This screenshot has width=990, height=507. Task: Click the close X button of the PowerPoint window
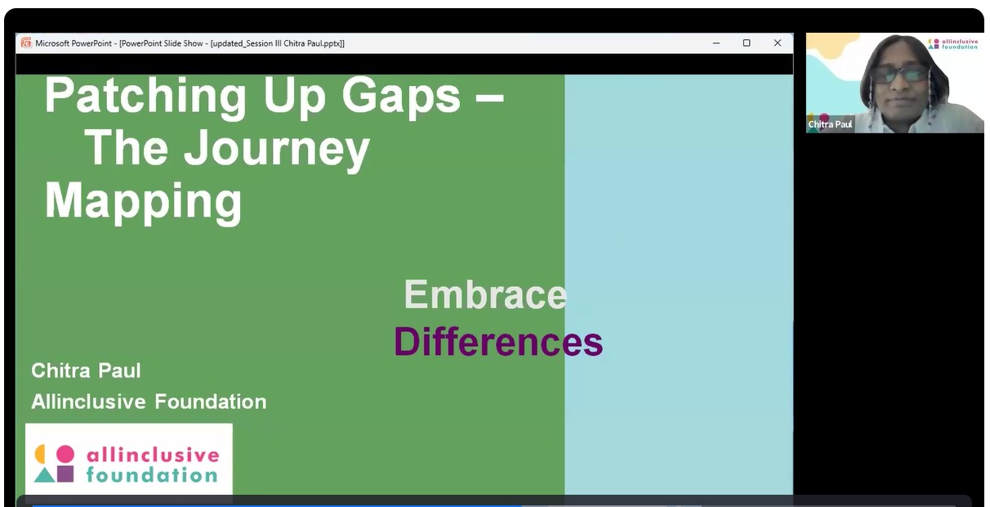point(778,43)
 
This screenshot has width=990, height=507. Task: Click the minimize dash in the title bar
point(716,43)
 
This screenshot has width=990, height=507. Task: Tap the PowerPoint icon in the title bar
point(26,43)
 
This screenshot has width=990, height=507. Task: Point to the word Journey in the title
point(277,149)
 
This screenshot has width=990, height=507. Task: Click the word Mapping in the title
point(143,201)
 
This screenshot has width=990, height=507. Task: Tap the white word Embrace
point(485,294)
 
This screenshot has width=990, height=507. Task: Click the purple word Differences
point(498,341)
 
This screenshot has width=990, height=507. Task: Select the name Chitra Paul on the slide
point(86,370)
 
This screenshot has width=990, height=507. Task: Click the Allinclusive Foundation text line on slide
point(149,402)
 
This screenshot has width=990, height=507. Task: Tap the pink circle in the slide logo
point(65,455)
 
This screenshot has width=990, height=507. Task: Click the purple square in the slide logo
point(65,473)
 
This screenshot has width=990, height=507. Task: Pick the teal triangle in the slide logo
point(45,475)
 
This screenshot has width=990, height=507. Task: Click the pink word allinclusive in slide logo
point(153,455)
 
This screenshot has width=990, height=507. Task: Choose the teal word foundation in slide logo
point(152,475)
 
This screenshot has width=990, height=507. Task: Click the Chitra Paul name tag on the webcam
point(830,124)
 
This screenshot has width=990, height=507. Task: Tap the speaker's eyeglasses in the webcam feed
point(900,74)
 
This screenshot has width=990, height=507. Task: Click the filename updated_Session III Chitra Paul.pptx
point(277,43)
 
